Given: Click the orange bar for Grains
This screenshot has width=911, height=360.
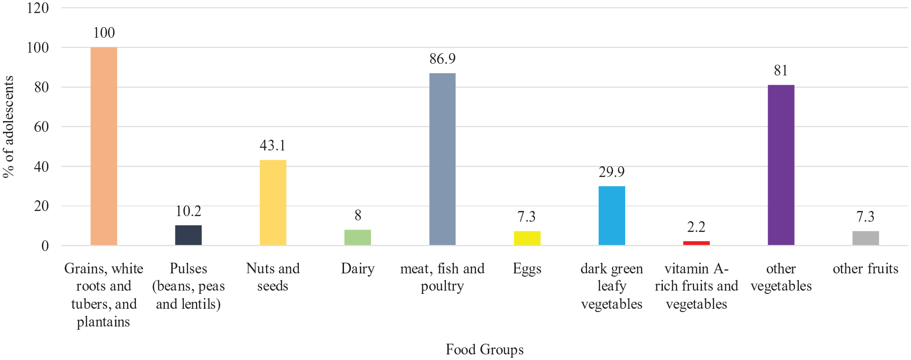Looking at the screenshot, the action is (x=104, y=146).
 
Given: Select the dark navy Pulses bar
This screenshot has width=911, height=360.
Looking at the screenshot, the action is (x=189, y=235).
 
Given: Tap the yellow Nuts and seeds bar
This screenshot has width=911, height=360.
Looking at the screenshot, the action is (x=273, y=203).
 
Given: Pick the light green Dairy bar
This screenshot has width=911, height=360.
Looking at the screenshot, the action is (x=358, y=238).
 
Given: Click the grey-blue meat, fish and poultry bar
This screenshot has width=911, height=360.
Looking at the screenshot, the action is (x=442, y=159).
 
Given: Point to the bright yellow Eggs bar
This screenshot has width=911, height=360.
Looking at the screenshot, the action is (x=527, y=238).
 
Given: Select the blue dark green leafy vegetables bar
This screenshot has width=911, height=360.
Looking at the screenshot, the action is (x=612, y=216).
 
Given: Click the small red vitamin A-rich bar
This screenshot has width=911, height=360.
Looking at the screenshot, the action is (x=696, y=243).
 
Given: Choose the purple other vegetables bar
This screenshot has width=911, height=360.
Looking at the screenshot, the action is (x=781, y=165).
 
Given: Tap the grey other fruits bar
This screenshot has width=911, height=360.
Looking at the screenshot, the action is (x=866, y=238).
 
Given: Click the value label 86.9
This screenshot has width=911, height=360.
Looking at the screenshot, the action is (x=442, y=59).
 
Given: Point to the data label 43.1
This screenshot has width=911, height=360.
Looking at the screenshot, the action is (x=273, y=145).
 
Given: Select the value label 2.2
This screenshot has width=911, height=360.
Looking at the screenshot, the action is (x=696, y=227).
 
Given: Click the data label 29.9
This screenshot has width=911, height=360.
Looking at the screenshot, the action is (x=612, y=172).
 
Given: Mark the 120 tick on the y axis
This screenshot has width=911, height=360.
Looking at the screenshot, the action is (x=38, y=8).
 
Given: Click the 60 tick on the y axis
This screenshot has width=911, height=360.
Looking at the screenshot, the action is (x=41, y=127).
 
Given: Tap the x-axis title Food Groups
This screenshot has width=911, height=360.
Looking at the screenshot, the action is (x=485, y=349).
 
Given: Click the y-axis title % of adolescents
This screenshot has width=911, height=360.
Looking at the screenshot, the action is (x=8, y=127).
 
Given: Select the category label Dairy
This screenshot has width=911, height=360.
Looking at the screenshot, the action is (x=358, y=269).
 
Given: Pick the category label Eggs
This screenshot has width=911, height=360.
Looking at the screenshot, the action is (x=527, y=269).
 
